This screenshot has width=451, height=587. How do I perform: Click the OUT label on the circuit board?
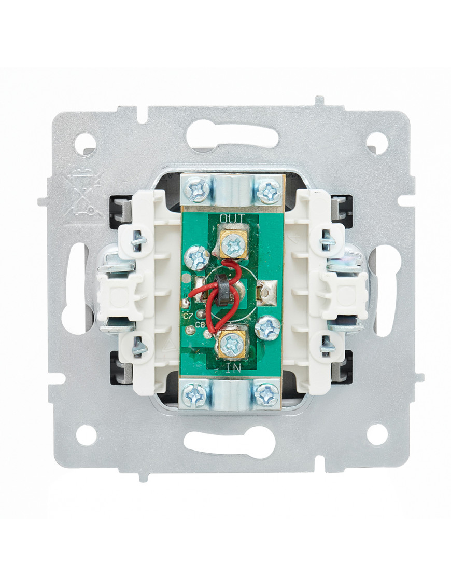pos(232,218)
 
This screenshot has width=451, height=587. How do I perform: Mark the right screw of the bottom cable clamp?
pos(266,393)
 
